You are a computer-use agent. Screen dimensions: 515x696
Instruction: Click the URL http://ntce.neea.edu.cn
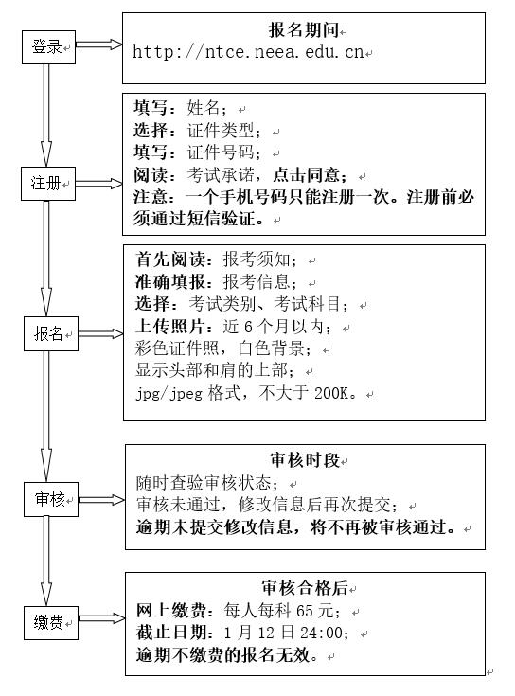tap(248, 52)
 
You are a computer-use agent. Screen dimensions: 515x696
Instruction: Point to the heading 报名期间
tap(303, 29)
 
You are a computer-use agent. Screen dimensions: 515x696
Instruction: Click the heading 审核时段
tap(305, 460)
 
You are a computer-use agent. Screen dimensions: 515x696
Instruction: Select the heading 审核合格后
tap(305, 588)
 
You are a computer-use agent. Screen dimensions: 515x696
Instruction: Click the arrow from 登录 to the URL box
tap(98, 45)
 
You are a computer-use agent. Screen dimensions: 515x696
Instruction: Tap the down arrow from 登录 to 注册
tap(46, 116)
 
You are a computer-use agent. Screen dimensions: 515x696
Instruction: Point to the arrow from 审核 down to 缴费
tap(46, 562)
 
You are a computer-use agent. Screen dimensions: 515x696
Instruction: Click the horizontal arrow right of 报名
tap(101, 333)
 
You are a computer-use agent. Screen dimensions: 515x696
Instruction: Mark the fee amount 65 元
tap(314, 611)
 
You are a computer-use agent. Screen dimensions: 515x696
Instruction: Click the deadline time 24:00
tap(321, 633)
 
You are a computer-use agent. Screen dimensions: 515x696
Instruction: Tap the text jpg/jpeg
tap(169, 394)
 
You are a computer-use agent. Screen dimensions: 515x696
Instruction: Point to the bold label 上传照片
tap(169, 327)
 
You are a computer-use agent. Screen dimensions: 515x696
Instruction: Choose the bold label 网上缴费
tap(171, 611)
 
